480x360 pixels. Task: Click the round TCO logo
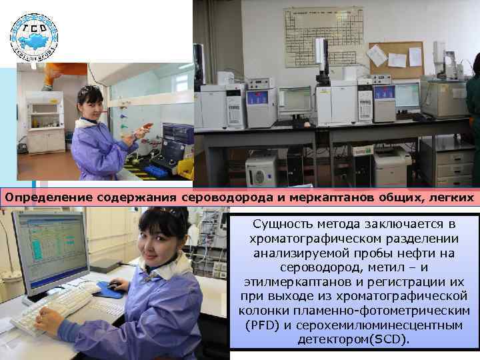tap(33, 36)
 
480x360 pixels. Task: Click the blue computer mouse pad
tap(109, 289)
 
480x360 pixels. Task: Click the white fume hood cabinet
tap(45, 120)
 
